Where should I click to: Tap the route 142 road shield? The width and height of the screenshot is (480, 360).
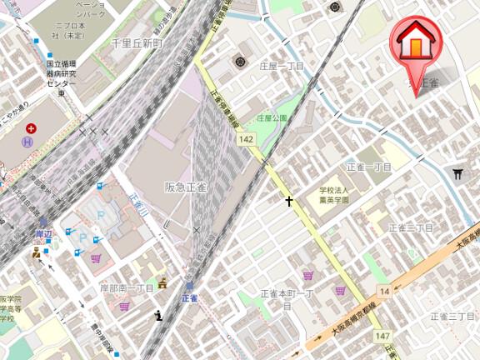point(246,142)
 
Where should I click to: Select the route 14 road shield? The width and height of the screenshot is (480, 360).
point(384,291)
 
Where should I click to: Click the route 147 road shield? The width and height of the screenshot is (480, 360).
point(382,335)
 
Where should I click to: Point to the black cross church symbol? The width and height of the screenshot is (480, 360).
point(289,201)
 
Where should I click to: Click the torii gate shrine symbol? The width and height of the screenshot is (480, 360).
point(457,172)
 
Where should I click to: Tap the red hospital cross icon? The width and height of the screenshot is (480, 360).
point(31,128)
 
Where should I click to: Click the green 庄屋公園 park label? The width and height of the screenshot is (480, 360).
point(272,118)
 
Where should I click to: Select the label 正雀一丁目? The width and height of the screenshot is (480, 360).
point(368,167)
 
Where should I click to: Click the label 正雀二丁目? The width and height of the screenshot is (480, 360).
point(411,227)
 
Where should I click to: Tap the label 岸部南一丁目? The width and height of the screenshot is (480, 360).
point(127,287)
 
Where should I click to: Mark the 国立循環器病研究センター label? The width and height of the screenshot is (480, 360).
point(61,77)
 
